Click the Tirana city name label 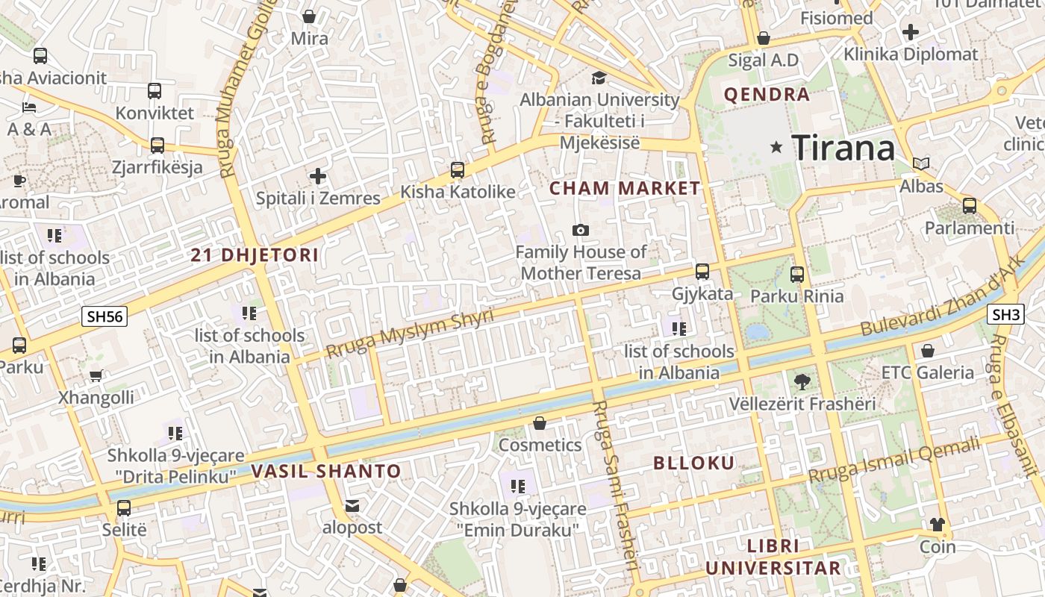[843, 147]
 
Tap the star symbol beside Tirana [776, 147]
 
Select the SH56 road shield [104, 316]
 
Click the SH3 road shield [1005, 314]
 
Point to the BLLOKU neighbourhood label [694, 463]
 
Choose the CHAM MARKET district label [625, 189]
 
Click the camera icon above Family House [580, 230]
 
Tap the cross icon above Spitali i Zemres [318, 176]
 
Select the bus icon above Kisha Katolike [458, 169]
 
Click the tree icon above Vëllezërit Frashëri [802, 382]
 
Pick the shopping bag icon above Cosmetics [540, 423]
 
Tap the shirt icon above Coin [938, 525]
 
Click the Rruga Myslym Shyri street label [410, 333]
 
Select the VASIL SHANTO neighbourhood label [326, 472]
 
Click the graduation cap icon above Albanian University [599, 78]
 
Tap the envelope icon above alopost [352, 506]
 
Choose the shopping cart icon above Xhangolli [96, 375]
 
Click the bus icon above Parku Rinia [797, 274]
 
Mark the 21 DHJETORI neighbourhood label [255, 255]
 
